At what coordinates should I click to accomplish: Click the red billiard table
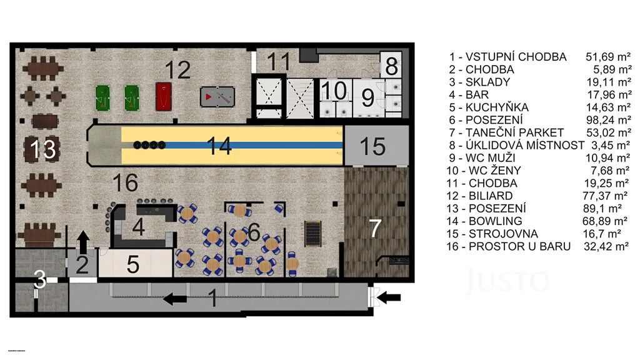[x=163, y=96]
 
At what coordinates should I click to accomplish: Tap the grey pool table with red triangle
[x=217, y=97]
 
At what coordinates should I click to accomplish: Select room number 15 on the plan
[x=372, y=146]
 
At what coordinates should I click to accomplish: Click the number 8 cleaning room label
[x=391, y=66]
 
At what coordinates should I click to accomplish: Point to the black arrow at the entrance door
[x=389, y=298]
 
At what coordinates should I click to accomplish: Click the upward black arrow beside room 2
[x=83, y=241]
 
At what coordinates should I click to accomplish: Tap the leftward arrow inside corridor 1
[x=175, y=299]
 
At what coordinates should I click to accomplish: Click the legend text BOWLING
[x=495, y=221]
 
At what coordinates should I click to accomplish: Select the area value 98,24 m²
[x=609, y=120]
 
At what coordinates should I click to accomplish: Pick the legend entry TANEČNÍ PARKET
[x=514, y=132]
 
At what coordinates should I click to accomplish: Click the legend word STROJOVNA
[x=503, y=234]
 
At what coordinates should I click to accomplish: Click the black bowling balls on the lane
[x=149, y=144]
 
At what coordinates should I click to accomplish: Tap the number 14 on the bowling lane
[x=219, y=146]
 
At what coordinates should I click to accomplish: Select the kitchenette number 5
[x=133, y=264]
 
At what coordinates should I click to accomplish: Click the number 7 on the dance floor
[x=375, y=228]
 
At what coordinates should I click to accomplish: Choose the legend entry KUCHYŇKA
[x=497, y=107]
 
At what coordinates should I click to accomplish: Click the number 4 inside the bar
[x=138, y=227]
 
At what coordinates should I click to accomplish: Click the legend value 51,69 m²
[x=609, y=57]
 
